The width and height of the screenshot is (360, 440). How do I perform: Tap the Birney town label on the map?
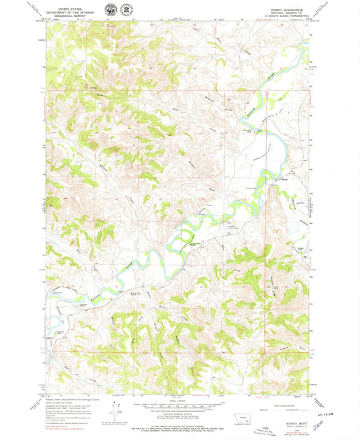284,180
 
